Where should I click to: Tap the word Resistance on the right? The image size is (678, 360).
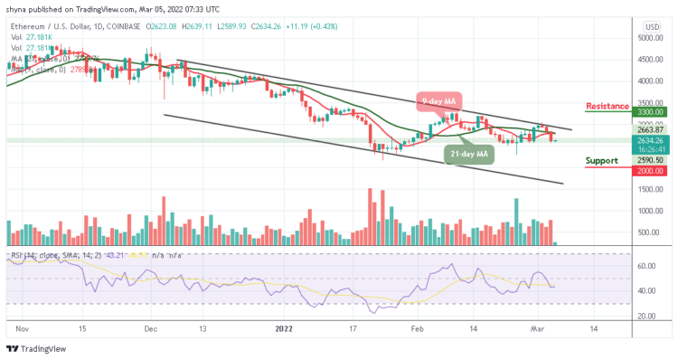click(607, 106)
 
